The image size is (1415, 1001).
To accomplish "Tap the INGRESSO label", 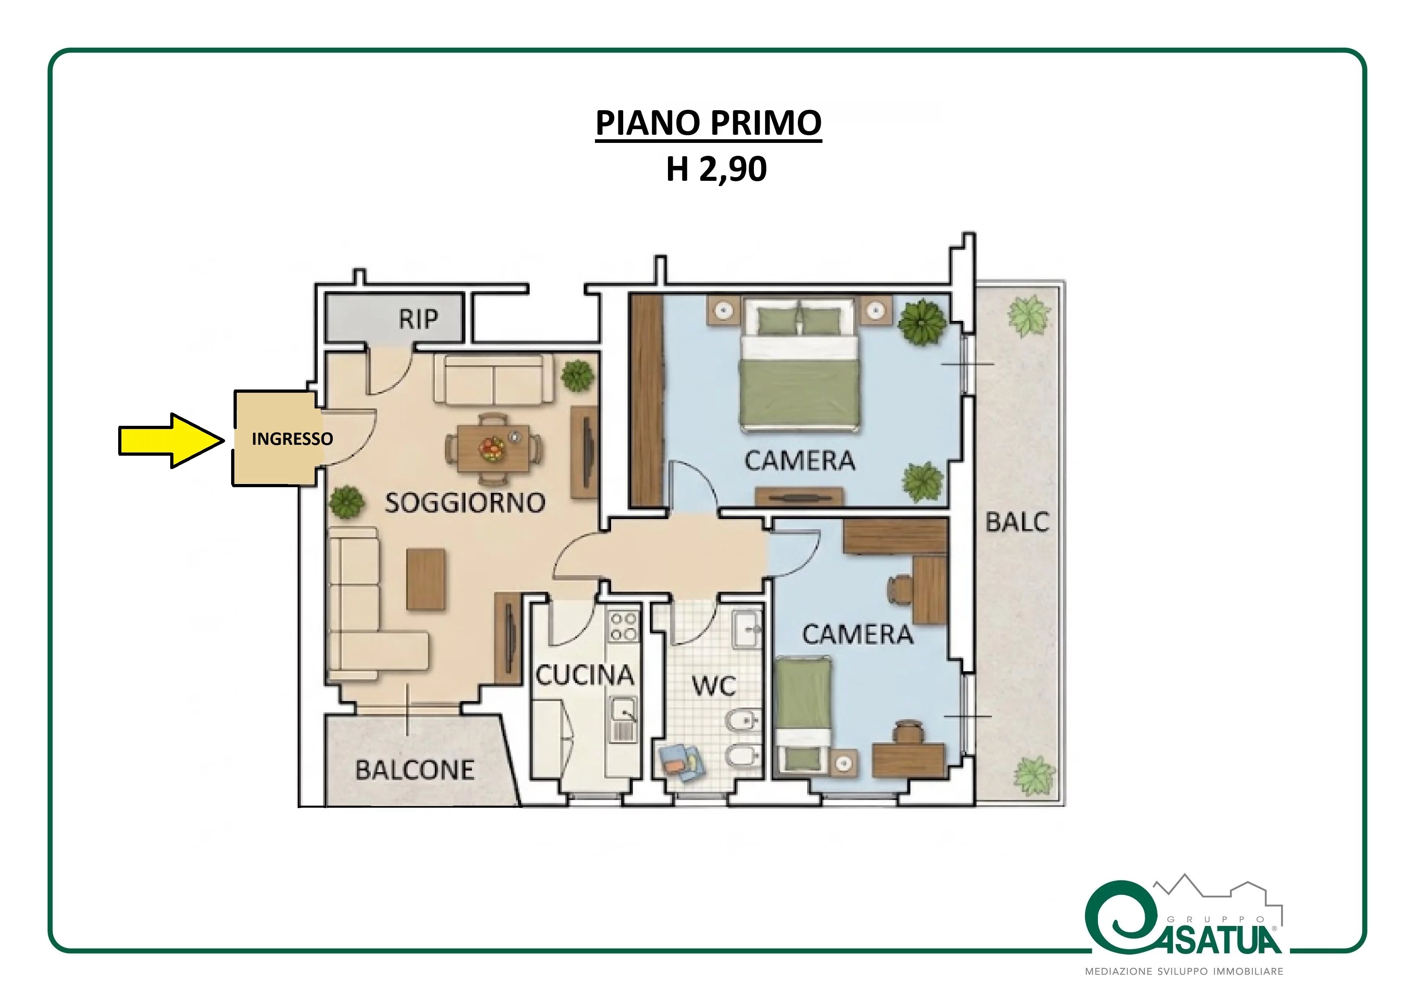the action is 292,438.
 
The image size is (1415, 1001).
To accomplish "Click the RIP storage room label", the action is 418,319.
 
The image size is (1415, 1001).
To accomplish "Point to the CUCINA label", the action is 584,675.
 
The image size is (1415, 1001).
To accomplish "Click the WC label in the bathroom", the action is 714,685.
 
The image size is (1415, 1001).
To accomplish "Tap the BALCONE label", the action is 415,770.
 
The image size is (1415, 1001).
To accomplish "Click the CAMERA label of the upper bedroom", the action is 800,461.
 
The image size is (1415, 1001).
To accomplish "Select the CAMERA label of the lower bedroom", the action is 857,634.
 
